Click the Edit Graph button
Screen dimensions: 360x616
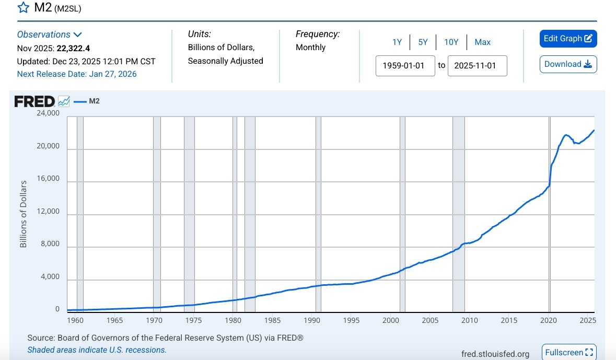click(568, 39)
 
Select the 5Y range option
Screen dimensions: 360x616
click(423, 42)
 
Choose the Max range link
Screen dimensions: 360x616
click(483, 42)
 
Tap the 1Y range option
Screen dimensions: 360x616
click(397, 42)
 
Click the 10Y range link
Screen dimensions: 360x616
click(451, 42)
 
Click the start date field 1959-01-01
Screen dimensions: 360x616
click(405, 66)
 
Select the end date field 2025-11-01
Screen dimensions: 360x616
click(477, 66)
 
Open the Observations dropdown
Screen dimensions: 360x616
click(50, 34)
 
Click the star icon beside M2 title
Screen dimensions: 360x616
click(24, 8)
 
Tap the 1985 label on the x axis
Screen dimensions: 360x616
click(273, 320)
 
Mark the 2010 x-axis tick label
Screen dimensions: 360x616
click(470, 320)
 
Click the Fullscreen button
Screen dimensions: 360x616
click(569, 352)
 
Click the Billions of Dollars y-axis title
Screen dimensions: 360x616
click(24, 214)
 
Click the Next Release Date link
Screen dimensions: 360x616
click(77, 74)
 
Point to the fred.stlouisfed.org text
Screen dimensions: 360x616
click(495, 354)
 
